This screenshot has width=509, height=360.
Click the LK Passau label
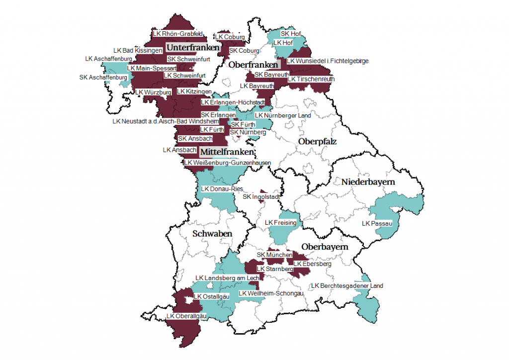pyautogui.click(x=378, y=224)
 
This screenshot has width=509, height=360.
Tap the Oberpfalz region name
pyautogui.click(x=317, y=142)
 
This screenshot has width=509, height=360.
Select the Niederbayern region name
pyautogui.click(x=368, y=182)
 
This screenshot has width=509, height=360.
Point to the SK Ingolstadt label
pyautogui.click(x=261, y=197)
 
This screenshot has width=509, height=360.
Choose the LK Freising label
pyautogui.click(x=281, y=223)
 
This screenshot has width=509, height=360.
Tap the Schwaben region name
pyautogui.click(x=212, y=234)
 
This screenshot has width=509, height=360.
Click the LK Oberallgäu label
pyautogui.click(x=186, y=316)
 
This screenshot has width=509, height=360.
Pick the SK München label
pyautogui.click(x=274, y=255)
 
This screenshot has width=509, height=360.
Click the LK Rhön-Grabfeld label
pyautogui.click(x=177, y=34)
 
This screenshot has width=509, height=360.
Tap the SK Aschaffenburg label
pyautogui.click(x=103, y=78)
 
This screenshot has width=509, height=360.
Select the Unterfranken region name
pyautogui.click(x=192, y=48)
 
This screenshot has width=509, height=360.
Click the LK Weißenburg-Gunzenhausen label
pyautogui.click(x=228, y=163)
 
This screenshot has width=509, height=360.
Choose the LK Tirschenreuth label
pyautogui.click(x=311, y=79)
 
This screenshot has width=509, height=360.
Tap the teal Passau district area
pyautogui.click(x=398, y=209)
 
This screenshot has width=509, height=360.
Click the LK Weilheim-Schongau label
pyautogui.click(x=271, y=294)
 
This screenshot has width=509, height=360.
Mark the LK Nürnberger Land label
pyautogui.click(x=283, y=115)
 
